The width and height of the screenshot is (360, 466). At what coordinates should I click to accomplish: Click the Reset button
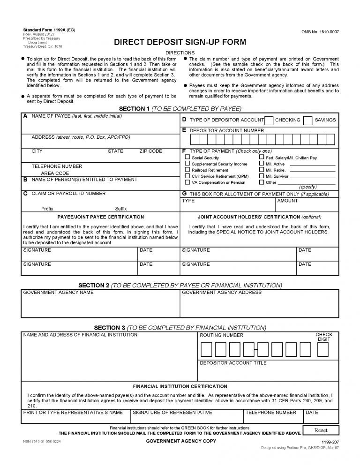point(321,430)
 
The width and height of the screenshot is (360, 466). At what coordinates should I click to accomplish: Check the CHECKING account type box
point(269,120)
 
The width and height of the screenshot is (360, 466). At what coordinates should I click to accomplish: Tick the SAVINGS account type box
point(307,120)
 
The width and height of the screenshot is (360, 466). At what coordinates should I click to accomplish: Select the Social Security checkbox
point(187,158)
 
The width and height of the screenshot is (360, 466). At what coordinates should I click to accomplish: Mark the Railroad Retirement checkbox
point(187,170)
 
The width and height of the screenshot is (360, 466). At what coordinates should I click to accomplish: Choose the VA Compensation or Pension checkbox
point(187,182)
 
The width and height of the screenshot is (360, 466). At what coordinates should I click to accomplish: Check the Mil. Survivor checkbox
point(262,176)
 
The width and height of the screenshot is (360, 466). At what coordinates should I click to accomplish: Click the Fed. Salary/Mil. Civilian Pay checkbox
point(262,158)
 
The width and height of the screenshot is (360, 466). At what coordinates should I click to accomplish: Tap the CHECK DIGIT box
point(323,350)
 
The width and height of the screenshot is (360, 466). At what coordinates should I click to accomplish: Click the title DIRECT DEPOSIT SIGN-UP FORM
point(180,42)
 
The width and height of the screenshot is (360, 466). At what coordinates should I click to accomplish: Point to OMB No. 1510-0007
point(320,32)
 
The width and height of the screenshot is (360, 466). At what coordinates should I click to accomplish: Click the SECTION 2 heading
point(180,285)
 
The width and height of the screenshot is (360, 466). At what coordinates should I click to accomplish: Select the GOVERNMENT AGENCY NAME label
point(58,293)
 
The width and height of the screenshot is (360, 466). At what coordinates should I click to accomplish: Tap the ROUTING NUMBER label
point(221,335)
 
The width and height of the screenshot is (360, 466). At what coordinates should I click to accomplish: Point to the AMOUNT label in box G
point(287,201)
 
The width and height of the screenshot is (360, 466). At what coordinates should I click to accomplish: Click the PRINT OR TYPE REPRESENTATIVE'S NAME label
point(73,413)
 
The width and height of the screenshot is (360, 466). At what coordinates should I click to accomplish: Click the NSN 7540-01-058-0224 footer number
point(42,442)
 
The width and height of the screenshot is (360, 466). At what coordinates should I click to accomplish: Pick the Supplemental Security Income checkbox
point(187,164)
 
